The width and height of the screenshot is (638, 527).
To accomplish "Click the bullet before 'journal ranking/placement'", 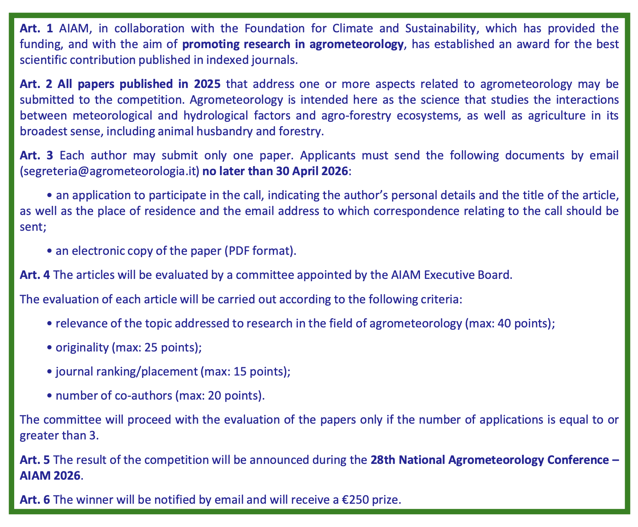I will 50,372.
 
